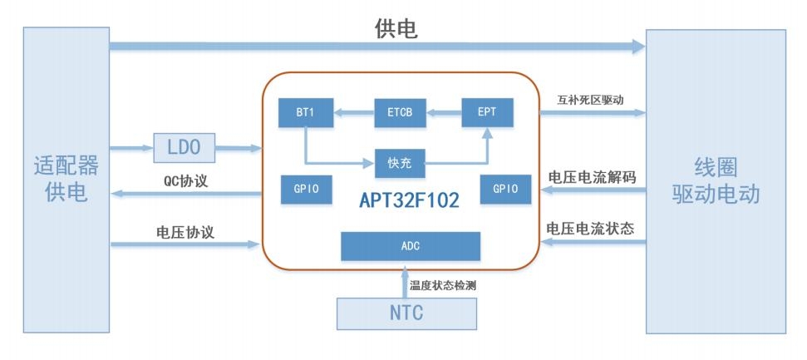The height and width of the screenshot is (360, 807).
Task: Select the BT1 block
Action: click(306, 112)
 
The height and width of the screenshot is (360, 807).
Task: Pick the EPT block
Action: click(487, 112)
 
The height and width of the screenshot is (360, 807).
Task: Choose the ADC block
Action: click(411, 246)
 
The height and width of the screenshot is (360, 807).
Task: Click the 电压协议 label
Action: click(185, 232)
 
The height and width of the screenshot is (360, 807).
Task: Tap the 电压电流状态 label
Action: click(590, 229)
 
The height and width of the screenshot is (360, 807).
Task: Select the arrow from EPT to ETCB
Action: click(444, 112)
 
